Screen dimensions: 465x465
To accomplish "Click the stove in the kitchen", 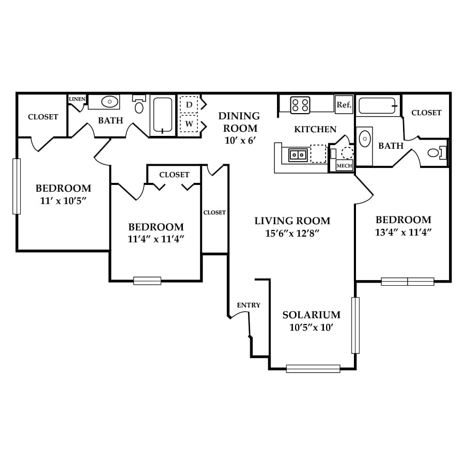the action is click(x=300, y=105).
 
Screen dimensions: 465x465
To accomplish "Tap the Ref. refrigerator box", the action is click(x=344, y=104).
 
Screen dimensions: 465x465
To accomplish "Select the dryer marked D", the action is click(x=189, y=104).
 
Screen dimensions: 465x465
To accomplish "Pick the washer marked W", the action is click(x=189, y=123).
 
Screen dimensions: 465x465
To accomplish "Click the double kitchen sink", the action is click(x=298, y=155).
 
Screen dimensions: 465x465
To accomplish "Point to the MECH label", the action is click(x=344, y=166).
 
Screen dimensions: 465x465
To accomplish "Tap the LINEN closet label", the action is click(x=77, y=99).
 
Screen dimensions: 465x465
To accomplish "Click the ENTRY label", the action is click(x=249, y=305).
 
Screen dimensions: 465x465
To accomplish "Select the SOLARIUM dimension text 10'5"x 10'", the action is click(x=312, y=328).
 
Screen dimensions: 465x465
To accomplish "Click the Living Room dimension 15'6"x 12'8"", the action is click(x=292, y=234).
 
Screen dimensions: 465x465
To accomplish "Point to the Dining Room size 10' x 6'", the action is click(x=240, y=140).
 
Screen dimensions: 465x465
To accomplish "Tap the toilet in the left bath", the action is click(x=139, y=105).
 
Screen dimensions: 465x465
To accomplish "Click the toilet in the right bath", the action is click(x=437, y=153).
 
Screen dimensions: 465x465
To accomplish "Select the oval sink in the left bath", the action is click(x=110, y=102).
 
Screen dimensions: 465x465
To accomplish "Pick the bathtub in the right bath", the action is click(x=378, y=106).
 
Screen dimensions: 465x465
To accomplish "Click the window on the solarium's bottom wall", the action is click(x=313, y=368).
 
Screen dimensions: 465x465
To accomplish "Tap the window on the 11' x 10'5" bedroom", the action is click(x=17, y=186).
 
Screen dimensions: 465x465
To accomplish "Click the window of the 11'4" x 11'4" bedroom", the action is click(x=147, y=281).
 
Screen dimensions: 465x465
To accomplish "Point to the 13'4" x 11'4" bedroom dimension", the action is click(x=403, y=232).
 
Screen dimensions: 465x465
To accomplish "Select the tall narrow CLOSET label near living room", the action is click(x=214, y=213).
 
